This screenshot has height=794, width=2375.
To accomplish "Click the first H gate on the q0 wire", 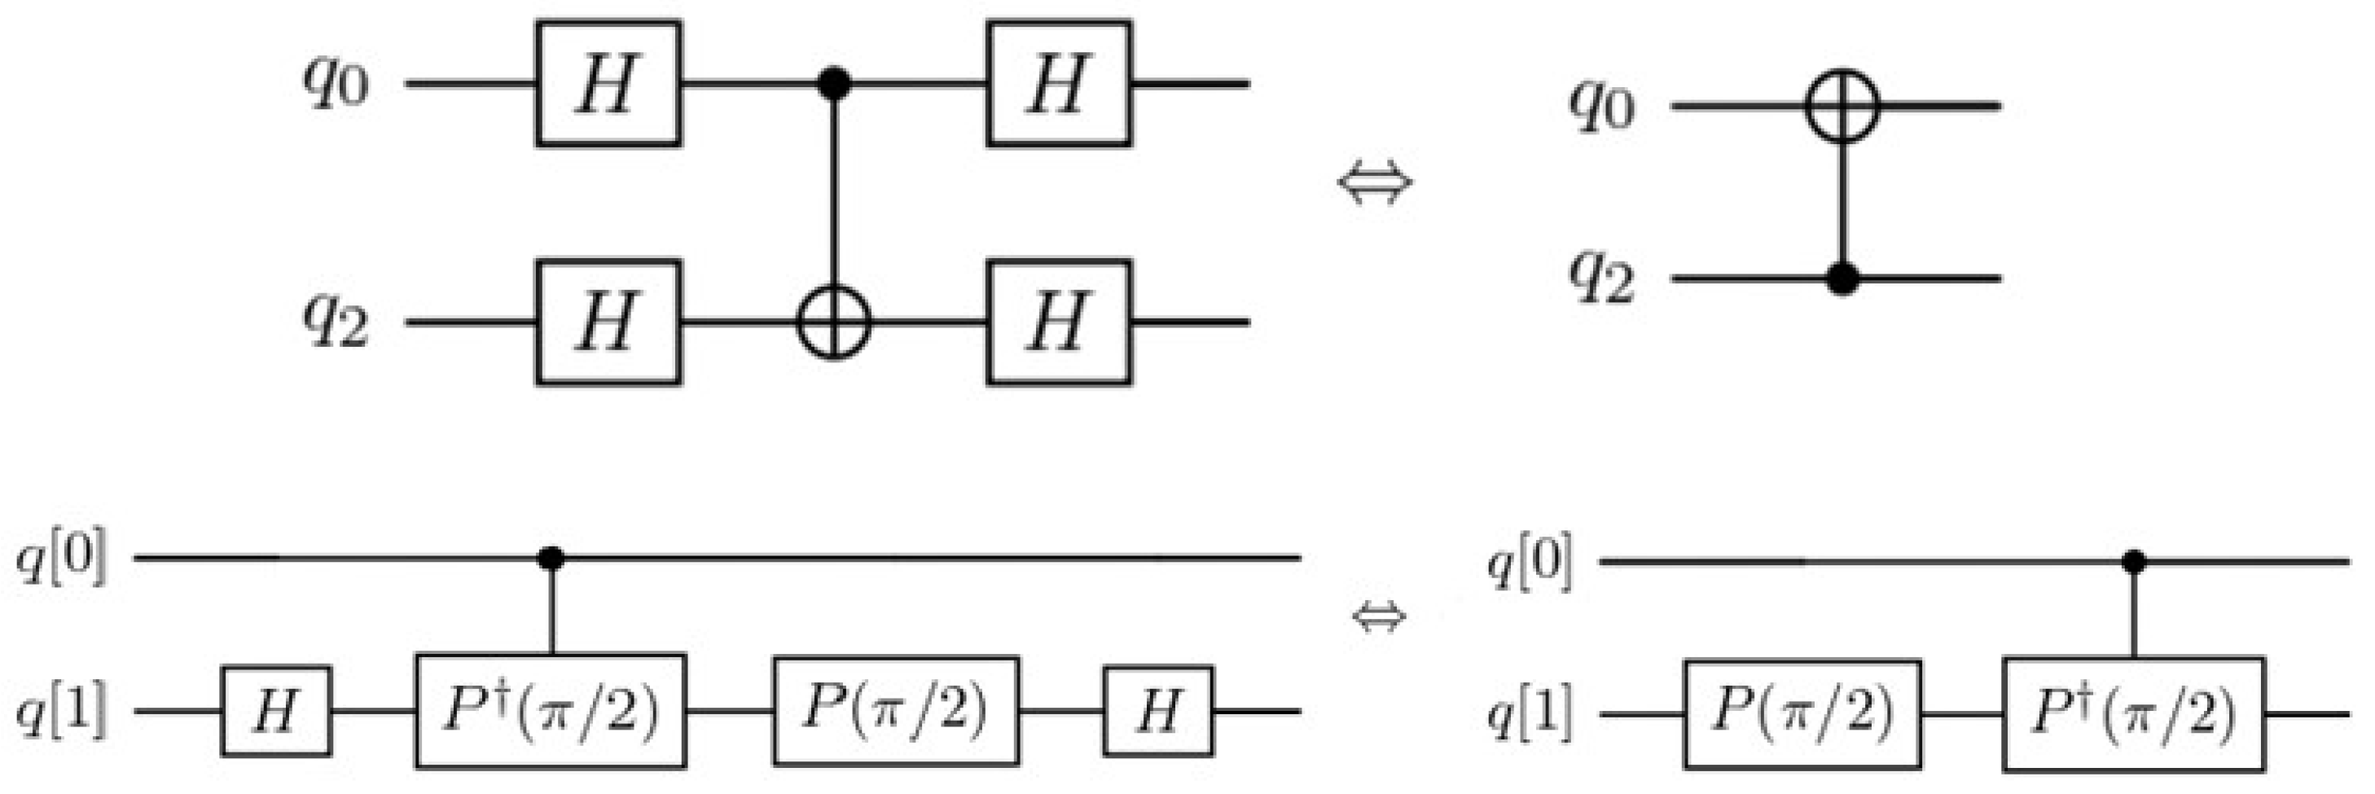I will (608, 84).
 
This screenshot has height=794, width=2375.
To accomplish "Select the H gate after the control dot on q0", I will (1059, 84).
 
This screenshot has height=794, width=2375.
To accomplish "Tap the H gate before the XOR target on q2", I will (608, 322).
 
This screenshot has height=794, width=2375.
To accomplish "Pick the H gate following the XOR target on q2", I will (1059, 322).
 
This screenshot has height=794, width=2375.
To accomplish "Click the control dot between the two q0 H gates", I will (834, 84).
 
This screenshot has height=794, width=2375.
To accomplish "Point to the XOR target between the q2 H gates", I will (834, 322).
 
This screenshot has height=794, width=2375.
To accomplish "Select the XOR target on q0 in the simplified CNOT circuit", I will (1842, 106).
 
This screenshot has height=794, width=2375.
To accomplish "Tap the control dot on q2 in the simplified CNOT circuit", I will (1842, 278).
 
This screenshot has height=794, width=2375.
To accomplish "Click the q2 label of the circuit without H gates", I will (1602, 278).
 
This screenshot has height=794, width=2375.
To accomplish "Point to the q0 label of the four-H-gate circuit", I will (336, 84).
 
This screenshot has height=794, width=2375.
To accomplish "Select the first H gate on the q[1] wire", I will (275, 711).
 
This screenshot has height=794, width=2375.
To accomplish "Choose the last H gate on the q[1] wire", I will (1158, 711).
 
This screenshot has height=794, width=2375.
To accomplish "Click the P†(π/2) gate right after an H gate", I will (551, 711).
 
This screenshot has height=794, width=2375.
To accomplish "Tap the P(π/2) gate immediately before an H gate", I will (895, 711).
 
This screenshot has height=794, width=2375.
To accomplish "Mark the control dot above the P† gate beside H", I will (551, 559).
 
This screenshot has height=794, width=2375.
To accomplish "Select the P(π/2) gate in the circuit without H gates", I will (1802, 713).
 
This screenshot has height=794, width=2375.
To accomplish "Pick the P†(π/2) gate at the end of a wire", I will (2132, 713).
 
